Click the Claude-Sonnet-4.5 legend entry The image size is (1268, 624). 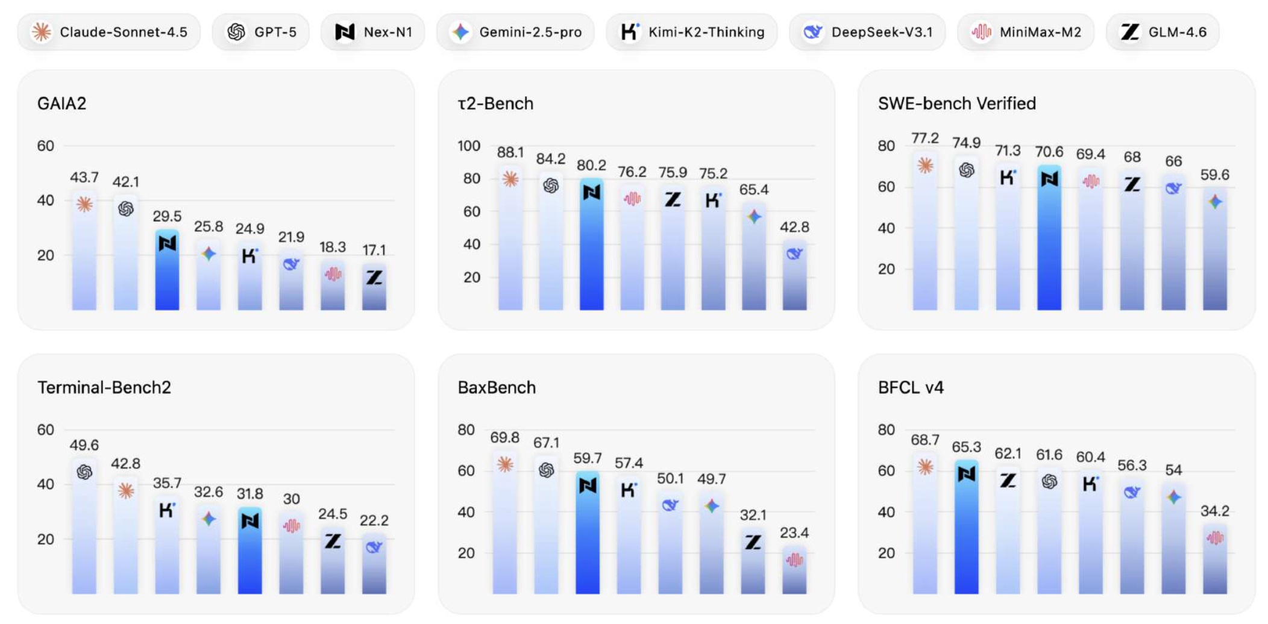pos(109,32)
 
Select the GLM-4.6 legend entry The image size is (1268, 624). pos(1163,32)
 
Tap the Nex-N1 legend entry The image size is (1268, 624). pos(373,32)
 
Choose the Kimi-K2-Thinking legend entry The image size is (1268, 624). pos(692,32)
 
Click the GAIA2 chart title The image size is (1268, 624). pos(61,104)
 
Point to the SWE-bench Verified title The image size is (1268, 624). pos(956,104)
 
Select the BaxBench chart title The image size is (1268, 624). pos(497,387)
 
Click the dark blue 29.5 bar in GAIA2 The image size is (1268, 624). pos(167,270)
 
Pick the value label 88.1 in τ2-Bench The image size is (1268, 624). pos(510,152)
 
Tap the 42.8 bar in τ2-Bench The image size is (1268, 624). pos(794,275)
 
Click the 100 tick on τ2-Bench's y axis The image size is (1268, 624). pos(468,146)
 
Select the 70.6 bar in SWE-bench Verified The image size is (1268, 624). pos(1049,238)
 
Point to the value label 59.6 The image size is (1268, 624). pos(1214,175)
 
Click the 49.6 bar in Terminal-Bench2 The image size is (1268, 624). pos(84,526)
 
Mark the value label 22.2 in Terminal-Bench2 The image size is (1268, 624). pos(374,520)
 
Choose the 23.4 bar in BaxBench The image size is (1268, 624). pos(794,570)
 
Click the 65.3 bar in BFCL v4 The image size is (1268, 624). pos(966,527)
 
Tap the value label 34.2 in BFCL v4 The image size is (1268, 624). pos(1214,511)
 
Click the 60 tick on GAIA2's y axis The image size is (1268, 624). pos(45,146)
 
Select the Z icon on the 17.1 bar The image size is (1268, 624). pos(374,278)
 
